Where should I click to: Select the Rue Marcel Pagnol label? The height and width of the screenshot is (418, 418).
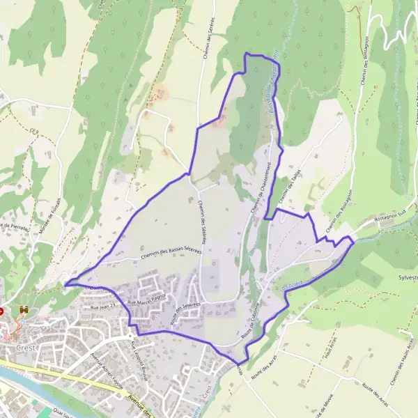(x=144, y=302)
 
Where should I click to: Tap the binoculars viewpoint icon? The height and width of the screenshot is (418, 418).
(x=26, y=309)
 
